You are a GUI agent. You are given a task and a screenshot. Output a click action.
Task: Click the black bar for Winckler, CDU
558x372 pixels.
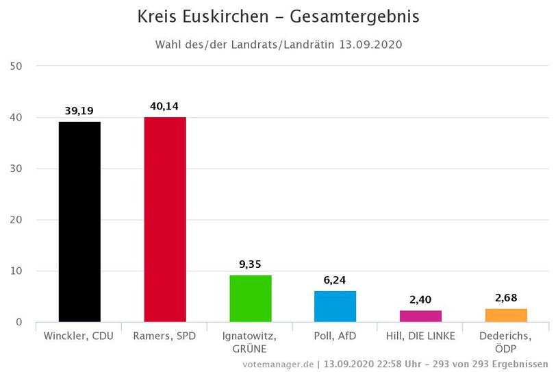pos(79,221)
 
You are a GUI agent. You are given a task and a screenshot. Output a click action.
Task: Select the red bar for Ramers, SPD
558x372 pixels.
pos(164,219)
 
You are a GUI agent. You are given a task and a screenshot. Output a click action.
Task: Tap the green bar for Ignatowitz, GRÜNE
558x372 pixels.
pos(250,298)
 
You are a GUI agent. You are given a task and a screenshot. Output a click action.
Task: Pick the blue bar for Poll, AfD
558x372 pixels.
pos(335,306)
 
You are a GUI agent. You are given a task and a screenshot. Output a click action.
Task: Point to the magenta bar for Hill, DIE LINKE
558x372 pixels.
pos(420,316)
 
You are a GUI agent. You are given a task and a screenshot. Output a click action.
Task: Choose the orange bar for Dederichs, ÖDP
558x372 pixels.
pos(505,315)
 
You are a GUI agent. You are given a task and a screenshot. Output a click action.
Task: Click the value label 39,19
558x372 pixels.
pos(79,110)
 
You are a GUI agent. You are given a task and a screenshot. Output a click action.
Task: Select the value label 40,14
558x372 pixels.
pos(164,106)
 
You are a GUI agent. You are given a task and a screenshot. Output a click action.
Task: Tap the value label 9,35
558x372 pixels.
pos(250,263)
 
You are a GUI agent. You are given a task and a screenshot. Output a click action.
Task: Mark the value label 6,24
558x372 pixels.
pos(335,280)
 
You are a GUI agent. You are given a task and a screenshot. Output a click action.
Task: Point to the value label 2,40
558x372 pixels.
pos(420,299)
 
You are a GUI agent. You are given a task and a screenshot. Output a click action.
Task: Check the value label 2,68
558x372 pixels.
pos(505,297)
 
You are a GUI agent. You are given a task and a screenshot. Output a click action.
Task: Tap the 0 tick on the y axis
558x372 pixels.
pos(19,322)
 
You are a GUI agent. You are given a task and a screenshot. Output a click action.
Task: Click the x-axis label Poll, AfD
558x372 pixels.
pos(335,336)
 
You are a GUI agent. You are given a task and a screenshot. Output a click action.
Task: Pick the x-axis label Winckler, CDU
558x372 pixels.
pos(79,336)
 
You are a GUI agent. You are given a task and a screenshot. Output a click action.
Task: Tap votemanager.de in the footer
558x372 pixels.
pos(277,364)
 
